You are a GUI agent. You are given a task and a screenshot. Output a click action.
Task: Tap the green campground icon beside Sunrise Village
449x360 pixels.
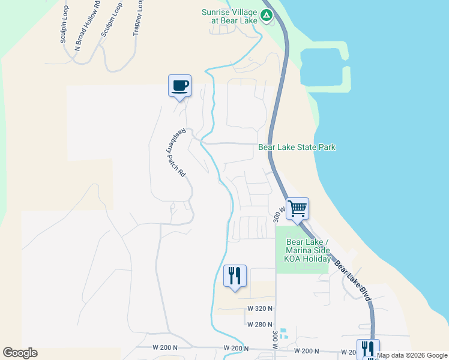click(266, 16)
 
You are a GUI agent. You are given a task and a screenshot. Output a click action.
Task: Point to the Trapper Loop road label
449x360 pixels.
click(138, 18)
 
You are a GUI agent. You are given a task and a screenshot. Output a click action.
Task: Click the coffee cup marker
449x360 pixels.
click(179, 86)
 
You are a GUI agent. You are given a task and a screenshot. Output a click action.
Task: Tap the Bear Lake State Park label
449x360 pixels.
click(297, 147)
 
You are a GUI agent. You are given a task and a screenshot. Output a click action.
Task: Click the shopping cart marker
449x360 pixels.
click(297, 209)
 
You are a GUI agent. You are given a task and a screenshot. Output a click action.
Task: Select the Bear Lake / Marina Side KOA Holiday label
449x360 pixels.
click(307, 250)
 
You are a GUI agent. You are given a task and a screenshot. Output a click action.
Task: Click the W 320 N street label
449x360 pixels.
click(259, 308)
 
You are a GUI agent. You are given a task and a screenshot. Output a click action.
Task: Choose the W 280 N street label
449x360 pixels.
click(259, 324)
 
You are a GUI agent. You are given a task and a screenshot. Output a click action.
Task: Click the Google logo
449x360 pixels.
click(20, 353)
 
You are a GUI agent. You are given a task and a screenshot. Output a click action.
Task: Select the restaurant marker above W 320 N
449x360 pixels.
click(234, 277)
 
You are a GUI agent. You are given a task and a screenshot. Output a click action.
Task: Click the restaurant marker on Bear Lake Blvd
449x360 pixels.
click(368, 349)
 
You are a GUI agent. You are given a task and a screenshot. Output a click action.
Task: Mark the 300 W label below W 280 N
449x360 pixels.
click(275, 340)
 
